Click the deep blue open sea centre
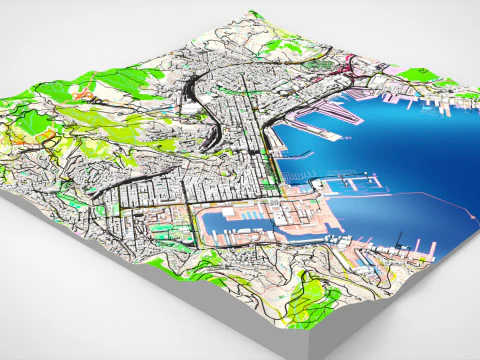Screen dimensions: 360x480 [x=400, y=150]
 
